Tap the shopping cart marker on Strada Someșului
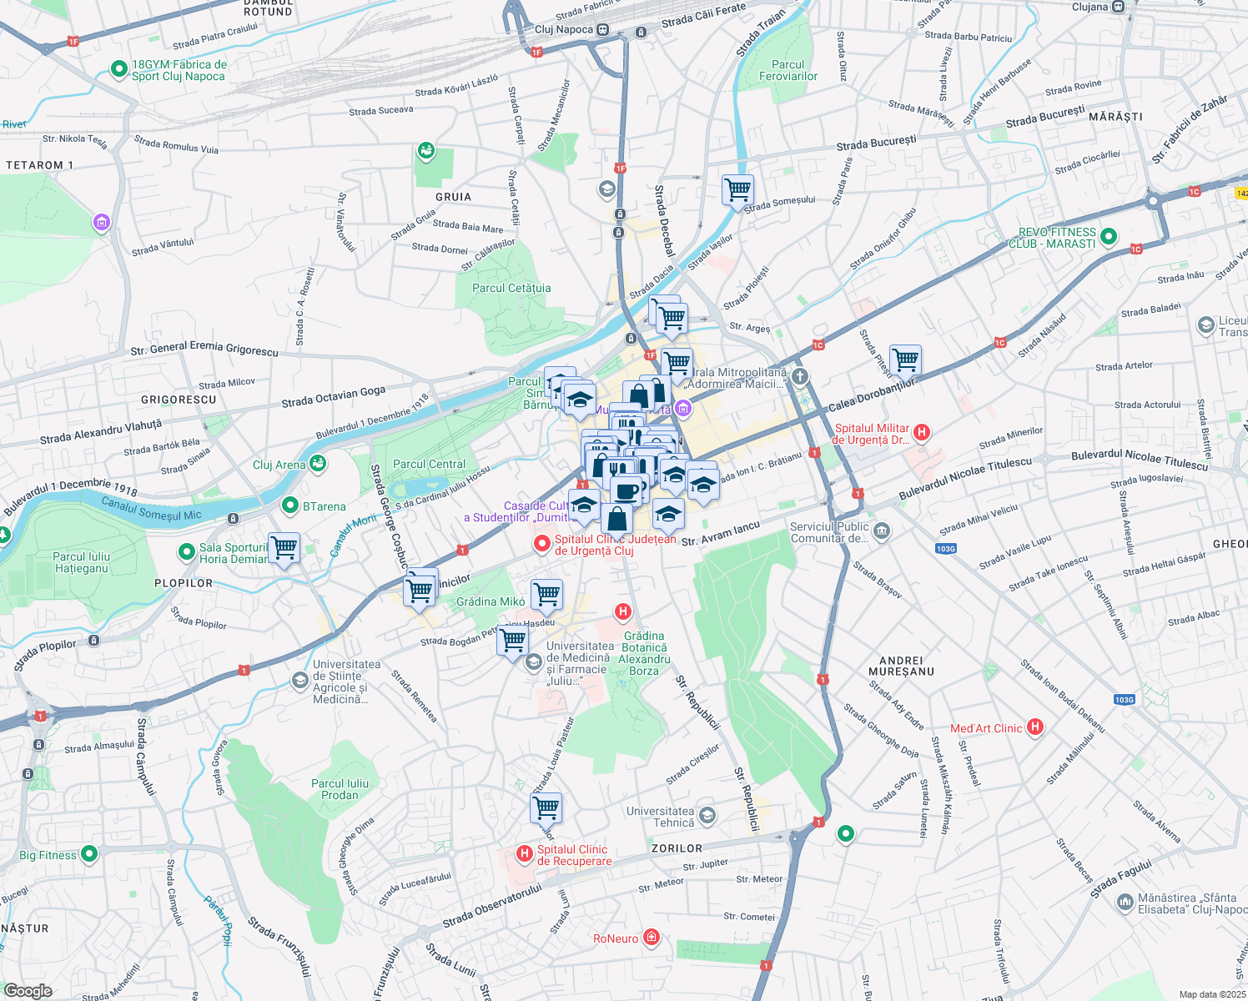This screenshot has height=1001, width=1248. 737,189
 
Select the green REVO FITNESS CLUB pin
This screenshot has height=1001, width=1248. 1109,237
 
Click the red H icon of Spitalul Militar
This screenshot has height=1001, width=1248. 922,431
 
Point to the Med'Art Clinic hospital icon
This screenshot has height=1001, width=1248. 1035,727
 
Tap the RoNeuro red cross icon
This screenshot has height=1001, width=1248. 652,938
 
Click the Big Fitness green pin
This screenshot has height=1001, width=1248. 89,854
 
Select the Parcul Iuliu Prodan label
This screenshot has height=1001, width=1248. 340,789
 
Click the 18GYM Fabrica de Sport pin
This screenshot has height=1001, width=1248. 119,69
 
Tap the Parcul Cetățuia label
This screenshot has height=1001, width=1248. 511,288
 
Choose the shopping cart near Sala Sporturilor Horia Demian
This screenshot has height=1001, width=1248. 284,548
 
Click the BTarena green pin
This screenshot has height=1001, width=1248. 290,506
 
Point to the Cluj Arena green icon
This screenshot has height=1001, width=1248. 317,464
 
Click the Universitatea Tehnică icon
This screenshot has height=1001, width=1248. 707,815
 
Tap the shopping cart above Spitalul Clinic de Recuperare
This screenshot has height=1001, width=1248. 546,807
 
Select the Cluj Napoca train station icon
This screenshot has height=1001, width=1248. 603,30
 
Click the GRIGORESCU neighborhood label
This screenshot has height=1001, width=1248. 179,400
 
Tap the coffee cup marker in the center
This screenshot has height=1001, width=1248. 627,490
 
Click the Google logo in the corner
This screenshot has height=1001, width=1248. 28,990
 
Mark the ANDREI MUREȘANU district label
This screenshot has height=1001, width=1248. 901,666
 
